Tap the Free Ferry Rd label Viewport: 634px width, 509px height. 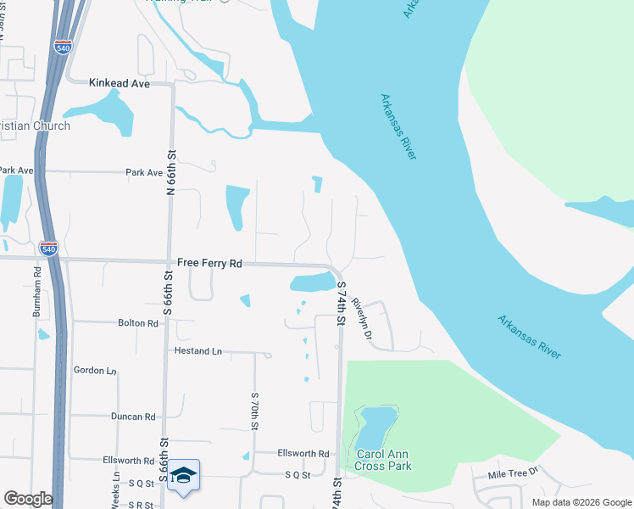point(209,264)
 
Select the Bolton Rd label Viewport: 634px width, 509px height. point(138,323)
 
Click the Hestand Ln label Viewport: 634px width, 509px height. point(197,350)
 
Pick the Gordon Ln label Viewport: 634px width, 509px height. point(94,371)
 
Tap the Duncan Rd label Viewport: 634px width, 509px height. point(133,417)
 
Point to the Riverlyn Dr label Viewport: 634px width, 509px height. point(362,319)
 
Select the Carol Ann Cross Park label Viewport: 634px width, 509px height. point(383,460)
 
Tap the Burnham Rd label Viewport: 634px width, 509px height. point(36,293)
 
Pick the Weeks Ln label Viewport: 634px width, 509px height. point(115,491)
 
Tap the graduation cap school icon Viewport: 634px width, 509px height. point(183,475)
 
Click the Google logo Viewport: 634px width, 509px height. point(28,499)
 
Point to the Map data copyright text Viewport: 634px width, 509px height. point(581,502)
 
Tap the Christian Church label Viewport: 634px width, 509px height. point(35,126)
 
